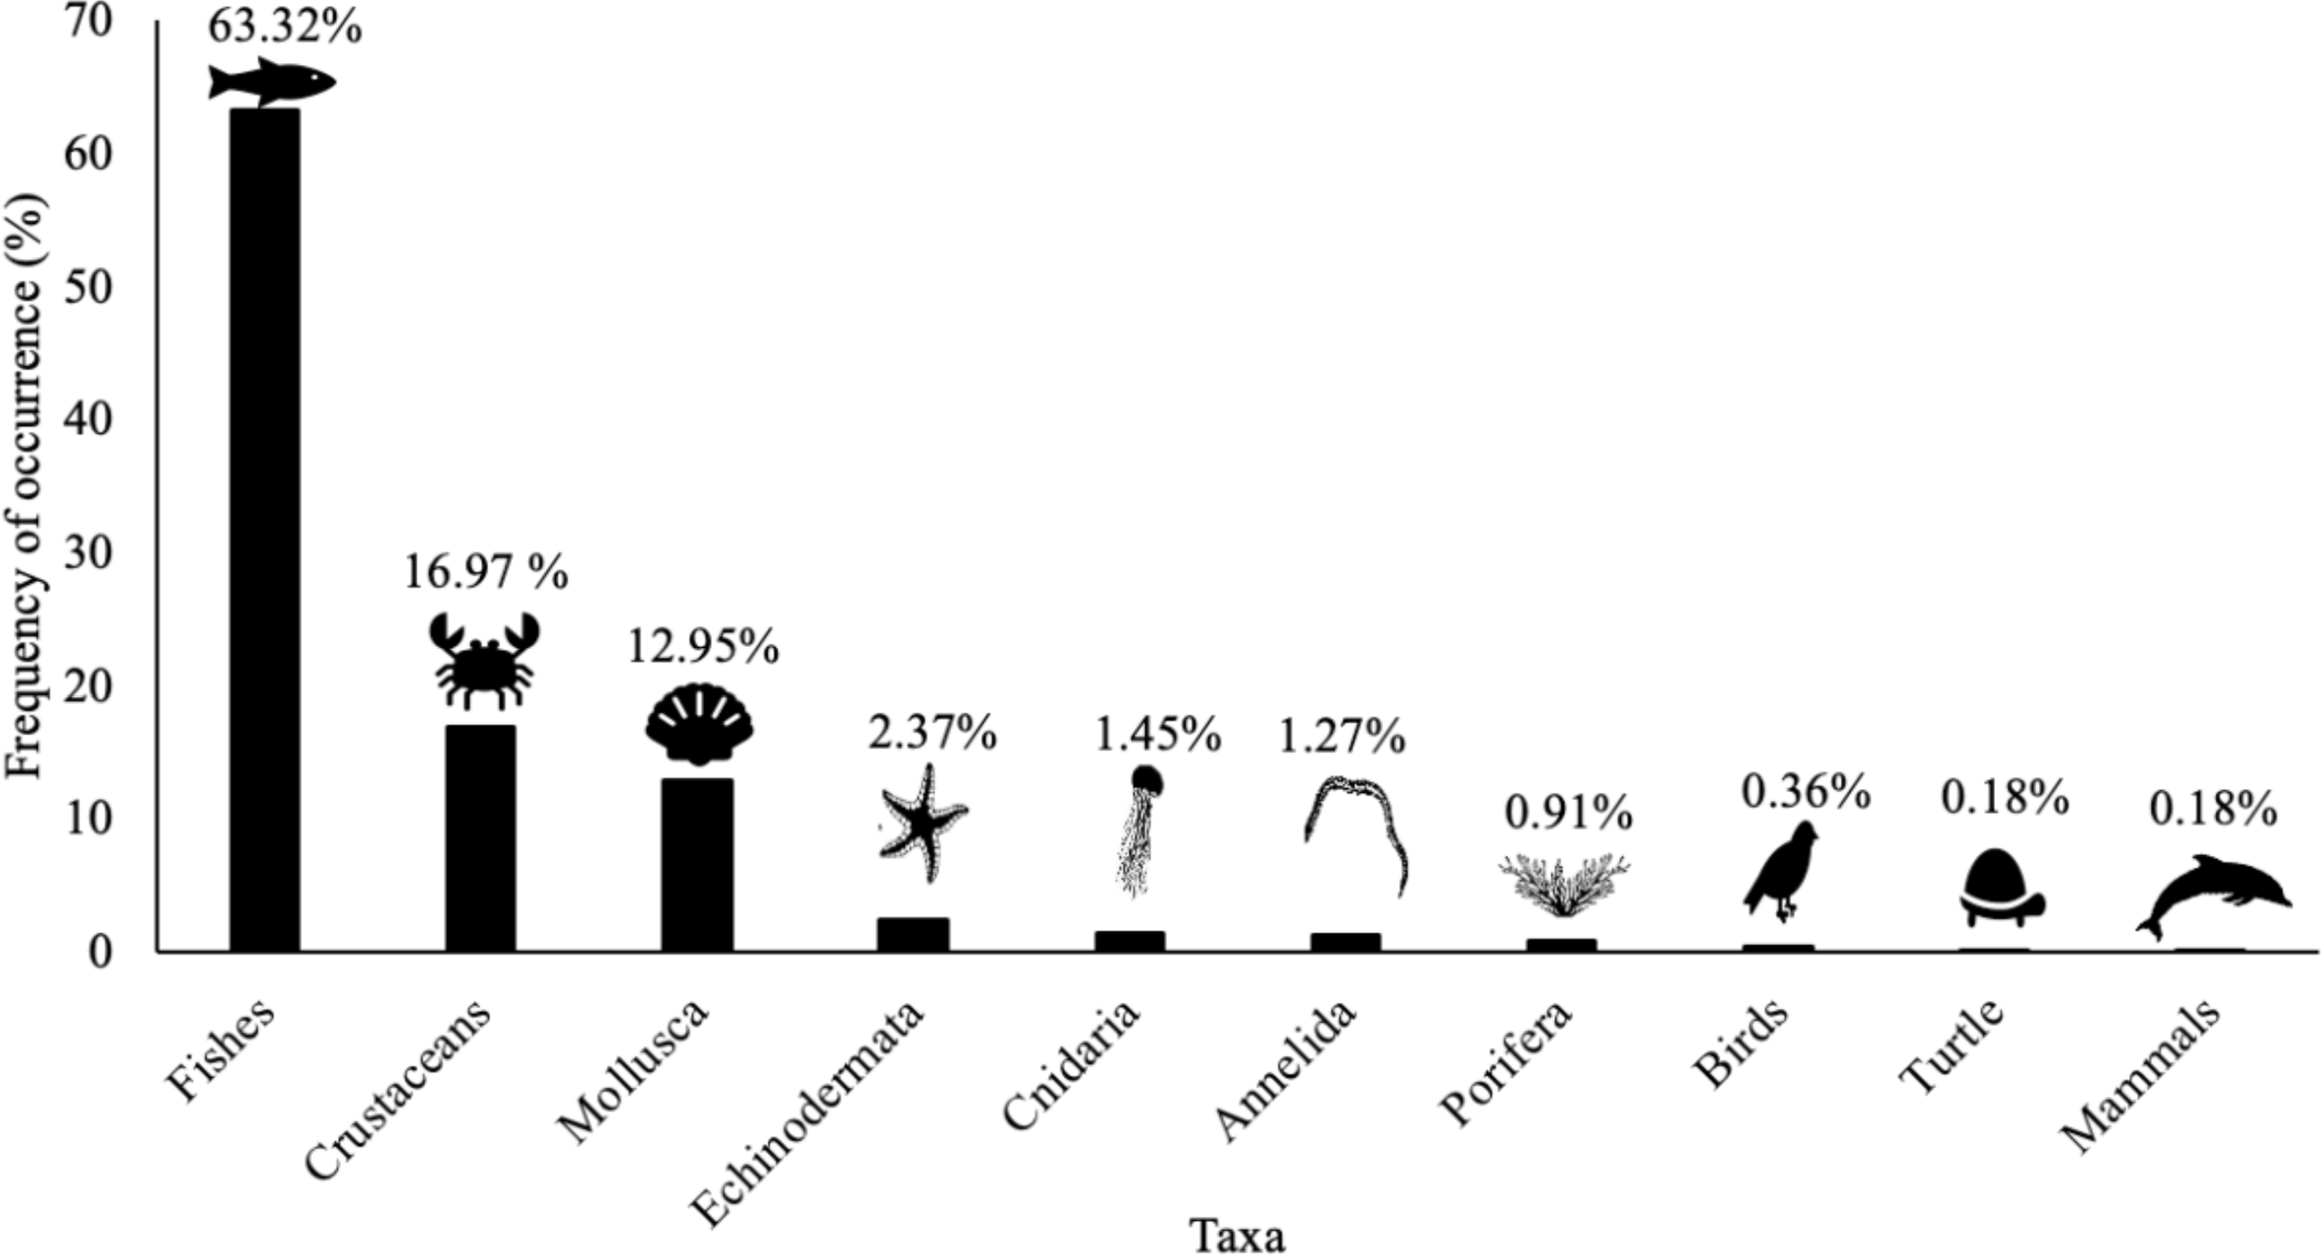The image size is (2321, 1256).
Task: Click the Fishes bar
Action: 266,529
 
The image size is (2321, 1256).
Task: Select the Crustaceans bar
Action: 480,838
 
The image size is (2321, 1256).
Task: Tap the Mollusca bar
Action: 696,864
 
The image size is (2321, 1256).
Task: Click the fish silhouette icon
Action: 271,82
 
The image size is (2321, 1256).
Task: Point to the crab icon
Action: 484,660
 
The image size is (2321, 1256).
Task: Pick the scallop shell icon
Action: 698,723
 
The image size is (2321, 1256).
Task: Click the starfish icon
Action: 923,822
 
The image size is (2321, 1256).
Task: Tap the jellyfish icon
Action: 1141,826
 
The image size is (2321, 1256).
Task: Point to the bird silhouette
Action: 1781,871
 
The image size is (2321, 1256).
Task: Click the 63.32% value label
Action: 284,26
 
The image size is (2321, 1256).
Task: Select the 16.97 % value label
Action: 485,572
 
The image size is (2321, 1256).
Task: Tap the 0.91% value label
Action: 1568,813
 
